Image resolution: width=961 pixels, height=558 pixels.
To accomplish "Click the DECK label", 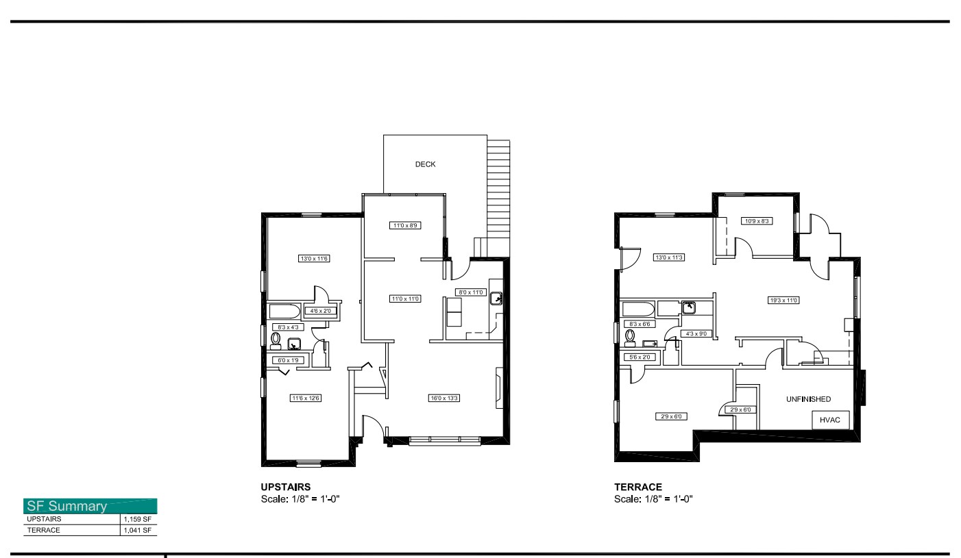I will click(425, 164).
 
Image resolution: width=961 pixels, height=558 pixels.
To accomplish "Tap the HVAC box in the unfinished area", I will click(831, 420).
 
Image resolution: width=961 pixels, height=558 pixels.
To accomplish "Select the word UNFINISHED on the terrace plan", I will click(808, 399).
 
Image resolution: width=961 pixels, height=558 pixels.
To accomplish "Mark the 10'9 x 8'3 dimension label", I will click(757, 221).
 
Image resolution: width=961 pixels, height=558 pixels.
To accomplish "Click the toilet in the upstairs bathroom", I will click(276, 340).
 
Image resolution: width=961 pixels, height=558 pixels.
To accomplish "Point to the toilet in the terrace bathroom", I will click(629, 338).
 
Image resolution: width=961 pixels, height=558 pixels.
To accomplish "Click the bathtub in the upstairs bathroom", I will click(284, 312).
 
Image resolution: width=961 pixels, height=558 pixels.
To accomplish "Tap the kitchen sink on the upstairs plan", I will click(496, 299).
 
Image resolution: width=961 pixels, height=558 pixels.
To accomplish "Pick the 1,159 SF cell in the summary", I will click(137, 519).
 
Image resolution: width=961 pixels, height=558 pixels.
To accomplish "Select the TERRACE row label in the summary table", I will click(43, 530).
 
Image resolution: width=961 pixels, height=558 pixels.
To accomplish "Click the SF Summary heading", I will click(66, 507).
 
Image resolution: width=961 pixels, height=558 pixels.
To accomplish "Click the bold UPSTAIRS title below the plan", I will click(286, 487).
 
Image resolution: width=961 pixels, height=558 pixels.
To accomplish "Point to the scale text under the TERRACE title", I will click(653, 498).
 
